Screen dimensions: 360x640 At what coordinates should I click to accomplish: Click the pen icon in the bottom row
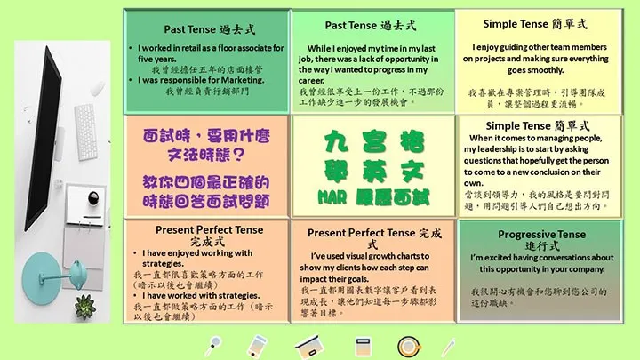[x=450, y=345]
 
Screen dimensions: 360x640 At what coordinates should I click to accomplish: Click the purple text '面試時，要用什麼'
[x=206, y=140]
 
